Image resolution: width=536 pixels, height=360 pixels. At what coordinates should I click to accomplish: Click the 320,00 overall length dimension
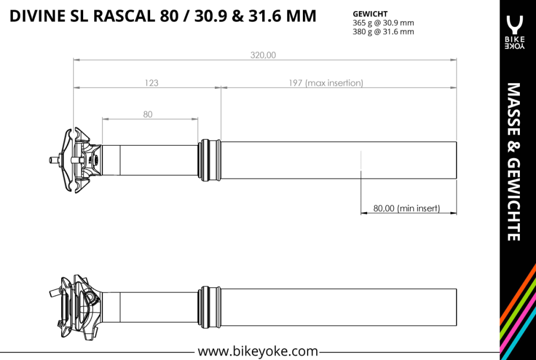click(x=263, y=55)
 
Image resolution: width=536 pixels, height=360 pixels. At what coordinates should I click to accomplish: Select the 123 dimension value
click(x=152, y=83)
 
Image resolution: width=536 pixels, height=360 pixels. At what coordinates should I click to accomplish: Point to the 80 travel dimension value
click(x=148, y=114)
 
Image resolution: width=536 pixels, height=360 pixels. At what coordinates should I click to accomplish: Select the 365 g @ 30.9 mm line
click(x=383, y=23)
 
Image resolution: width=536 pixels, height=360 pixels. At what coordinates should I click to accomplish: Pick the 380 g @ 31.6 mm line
click(x=383, y=32)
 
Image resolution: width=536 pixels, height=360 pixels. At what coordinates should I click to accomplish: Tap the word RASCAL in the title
click(x=124, y=16)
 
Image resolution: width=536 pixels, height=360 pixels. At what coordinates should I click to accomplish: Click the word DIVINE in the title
click(x=36, y=16)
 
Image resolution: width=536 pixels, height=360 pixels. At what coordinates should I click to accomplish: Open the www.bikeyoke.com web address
click(x=258, y=351)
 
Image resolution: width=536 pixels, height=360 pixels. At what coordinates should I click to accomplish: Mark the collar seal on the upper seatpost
click(x=210, y=160)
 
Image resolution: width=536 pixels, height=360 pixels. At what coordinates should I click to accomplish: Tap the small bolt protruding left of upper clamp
click(x=54, y=159)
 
